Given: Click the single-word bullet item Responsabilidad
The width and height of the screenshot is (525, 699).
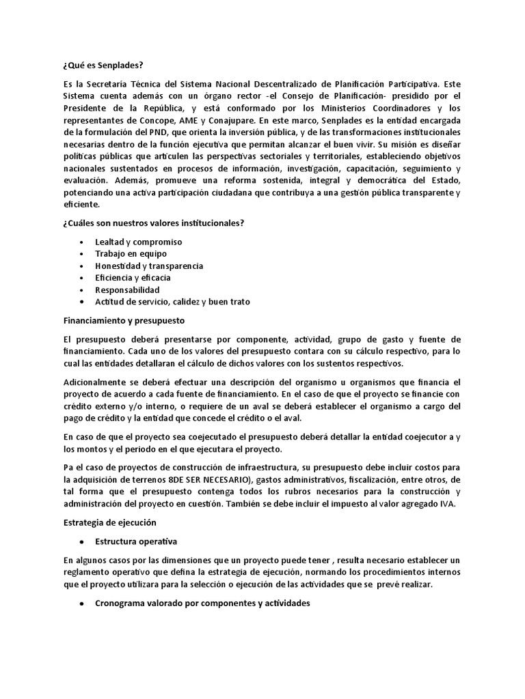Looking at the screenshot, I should [128, 289].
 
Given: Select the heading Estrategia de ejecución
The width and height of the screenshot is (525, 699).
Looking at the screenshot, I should [110, 522].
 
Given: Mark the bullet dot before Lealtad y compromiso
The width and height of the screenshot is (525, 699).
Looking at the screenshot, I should [83, 242].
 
